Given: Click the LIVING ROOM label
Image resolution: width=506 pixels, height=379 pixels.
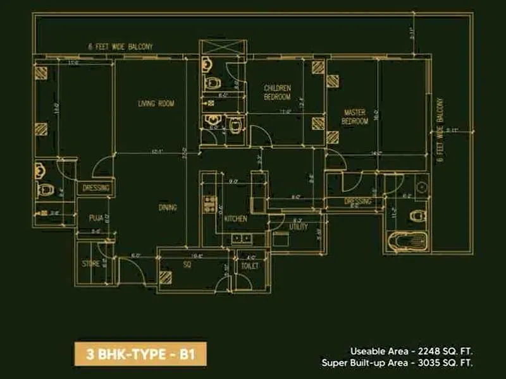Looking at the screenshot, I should pyautogui.click(x=156, y=104).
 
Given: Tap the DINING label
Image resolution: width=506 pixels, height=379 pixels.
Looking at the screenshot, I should pyautogui.click(x=168, y=207).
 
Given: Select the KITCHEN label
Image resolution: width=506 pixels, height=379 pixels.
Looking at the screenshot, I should pyautogui.click(x=235, y=219).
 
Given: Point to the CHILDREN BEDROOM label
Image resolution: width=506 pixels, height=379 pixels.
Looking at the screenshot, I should pyautogui.click(x=277, y=92).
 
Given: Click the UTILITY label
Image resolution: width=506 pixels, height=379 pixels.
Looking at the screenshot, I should pyautogui.click(x=298, y=226).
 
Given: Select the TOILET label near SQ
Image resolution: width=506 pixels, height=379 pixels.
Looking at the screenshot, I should pyautogui.click(x=250, y=267).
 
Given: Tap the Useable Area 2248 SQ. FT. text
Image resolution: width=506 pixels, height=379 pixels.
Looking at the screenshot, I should pyautogui.click(x=412, y=351).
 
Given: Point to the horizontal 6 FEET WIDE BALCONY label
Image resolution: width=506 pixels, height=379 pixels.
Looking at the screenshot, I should pyautogui.click(x=120, y=47).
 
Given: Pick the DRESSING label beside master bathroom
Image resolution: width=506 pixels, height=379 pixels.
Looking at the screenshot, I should pyautogui.click(x=357, y=202).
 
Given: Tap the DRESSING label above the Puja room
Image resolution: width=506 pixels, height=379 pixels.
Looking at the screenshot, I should pyautogui.click(x=96, y=188).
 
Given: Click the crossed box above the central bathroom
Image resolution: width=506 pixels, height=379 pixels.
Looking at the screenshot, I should pyautogui.click(x=221, y=47).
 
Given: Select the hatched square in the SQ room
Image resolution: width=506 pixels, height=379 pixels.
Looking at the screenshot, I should pyautogui.click(x=166, y=277).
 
